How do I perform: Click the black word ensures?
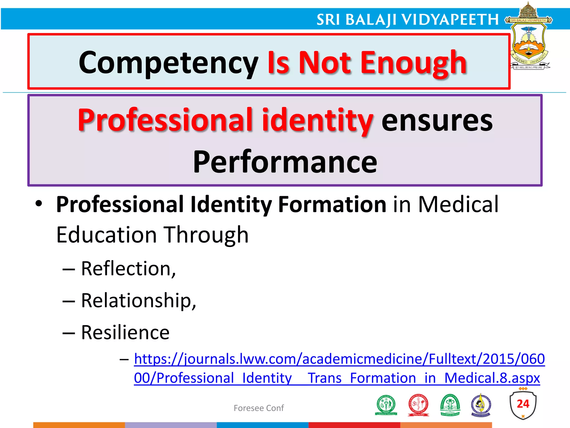[x=437, y=120]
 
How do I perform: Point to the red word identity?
[x=317, y=120]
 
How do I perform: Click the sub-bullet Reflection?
[x=128, y=269]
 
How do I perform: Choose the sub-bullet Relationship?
[x=139, y=301]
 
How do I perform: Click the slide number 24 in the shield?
[x=523, y=404]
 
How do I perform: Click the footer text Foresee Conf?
[x=259, y=408]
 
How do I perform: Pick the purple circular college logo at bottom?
[x=481, y=405]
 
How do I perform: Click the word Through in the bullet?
[x=206, y=235]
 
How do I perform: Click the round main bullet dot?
[x=39, y=204]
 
